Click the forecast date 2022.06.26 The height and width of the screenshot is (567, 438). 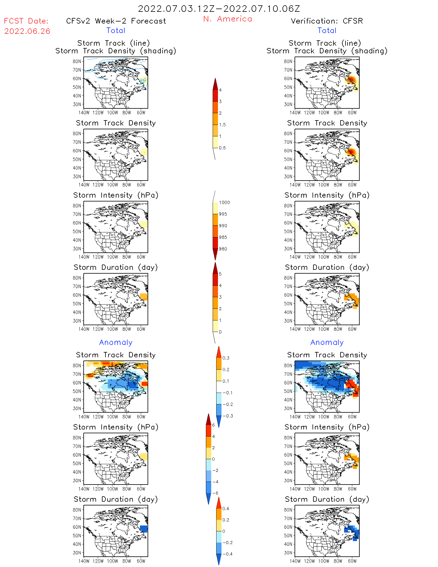tap(27, 31)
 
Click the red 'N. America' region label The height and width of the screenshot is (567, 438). tap(227, 19)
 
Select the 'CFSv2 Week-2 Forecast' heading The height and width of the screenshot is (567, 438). tap(116, 21)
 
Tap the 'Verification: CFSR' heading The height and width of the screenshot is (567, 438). tap(327, 21)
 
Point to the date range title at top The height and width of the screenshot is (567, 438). tap(219, 9)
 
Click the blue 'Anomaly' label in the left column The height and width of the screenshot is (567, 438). tap(116, 343)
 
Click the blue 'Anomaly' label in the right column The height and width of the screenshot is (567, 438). tap(327, 343)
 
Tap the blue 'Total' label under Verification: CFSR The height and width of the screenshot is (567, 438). tap(327, 31)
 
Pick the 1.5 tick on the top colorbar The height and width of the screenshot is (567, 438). tap(222, 125)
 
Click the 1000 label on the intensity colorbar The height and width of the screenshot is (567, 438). tap(224, 203)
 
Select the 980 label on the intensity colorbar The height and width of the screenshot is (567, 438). tap(223, 249)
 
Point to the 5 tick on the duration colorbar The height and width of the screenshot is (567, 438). tap(220, 274)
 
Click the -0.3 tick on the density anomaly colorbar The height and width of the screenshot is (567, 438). tap(228, 416)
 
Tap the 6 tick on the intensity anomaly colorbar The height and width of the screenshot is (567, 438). tap(214, 425)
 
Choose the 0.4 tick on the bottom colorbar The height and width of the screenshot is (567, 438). tap(226, 509)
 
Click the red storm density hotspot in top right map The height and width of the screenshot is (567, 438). tap(351, 80)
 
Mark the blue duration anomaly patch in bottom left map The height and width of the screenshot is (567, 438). tap(144, 529)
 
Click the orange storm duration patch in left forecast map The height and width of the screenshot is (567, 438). tap(144, 297)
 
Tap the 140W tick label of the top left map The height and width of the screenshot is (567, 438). tap(84, 113)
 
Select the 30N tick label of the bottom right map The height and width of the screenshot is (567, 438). tap(288, 553)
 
